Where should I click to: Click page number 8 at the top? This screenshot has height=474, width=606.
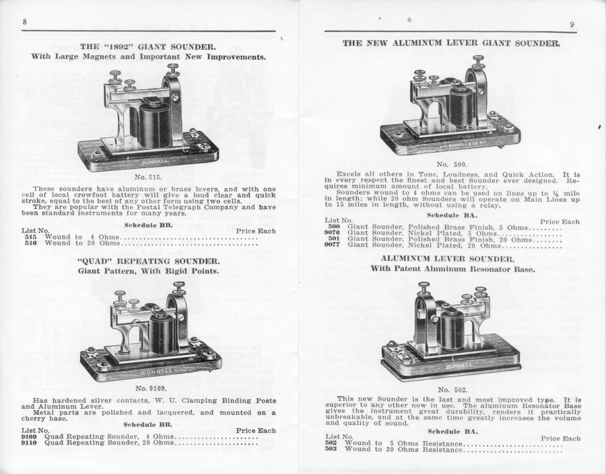(24, 22)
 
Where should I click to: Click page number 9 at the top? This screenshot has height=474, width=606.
(572, 24)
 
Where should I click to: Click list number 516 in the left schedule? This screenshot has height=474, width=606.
(30, 243)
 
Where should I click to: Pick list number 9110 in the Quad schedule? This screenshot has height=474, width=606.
(29, 442)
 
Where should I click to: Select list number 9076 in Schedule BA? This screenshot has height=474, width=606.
(332, 233)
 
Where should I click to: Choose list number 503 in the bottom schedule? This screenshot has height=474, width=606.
(331, 449)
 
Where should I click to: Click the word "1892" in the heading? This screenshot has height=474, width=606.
(119, 47)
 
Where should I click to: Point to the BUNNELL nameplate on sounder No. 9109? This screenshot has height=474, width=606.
(156, 372)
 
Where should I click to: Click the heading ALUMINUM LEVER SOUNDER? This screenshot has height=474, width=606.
(448, 259)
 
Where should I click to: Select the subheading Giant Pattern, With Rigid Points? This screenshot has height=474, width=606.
(148, 271)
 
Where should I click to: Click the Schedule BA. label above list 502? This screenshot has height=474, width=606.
(452, 432)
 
